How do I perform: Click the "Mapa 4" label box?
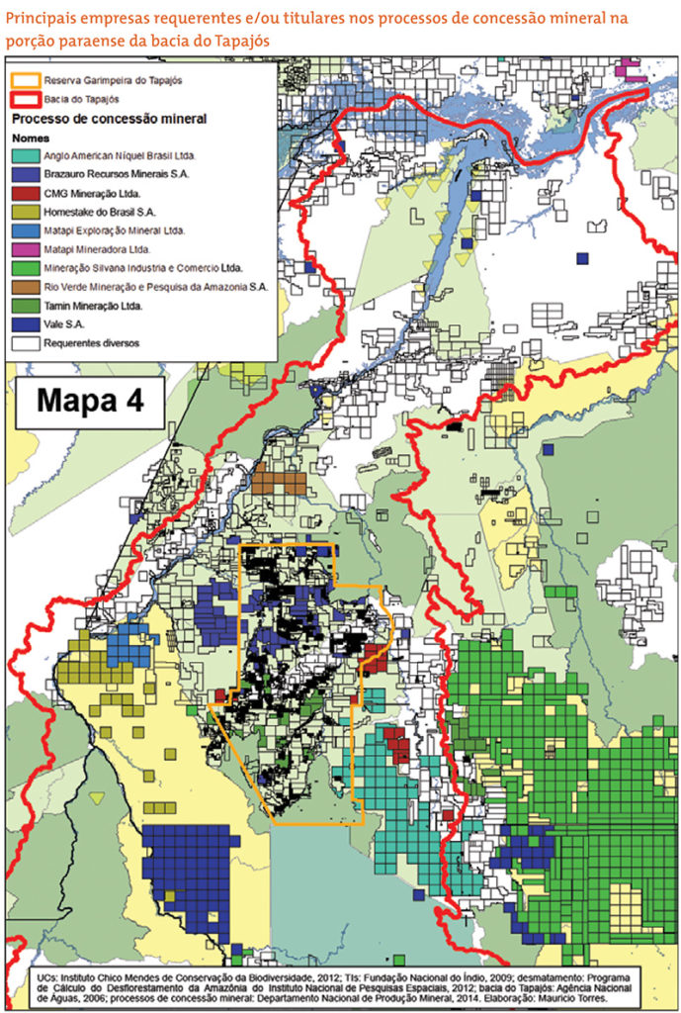point(90,401)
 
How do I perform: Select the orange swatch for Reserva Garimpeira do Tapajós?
point(25,79)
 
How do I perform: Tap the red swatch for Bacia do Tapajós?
point(25,98)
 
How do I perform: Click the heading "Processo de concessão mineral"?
point(109,119)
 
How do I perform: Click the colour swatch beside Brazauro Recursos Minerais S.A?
point(25,174)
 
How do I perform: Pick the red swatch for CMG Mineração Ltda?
point(25,193)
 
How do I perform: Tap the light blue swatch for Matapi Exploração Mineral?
point(25,230)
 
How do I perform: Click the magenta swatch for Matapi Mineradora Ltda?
point(25,249)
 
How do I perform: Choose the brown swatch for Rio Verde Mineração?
point(25,287)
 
